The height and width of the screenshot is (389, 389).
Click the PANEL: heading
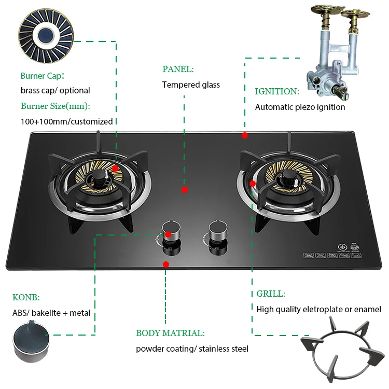(178, 69)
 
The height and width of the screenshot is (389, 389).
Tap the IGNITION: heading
(277, 91)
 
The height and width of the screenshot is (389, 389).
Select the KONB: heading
(26, 297)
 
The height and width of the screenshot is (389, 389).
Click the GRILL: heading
(271, 294)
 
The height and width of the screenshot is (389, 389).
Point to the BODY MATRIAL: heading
(170, 333)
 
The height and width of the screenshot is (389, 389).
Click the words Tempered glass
(191, 85)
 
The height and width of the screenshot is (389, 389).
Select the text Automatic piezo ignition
(300, 107)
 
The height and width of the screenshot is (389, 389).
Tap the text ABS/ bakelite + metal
(51, 313)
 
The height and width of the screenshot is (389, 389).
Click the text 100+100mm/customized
(67, 121)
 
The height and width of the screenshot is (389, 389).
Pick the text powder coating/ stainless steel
(192, 349)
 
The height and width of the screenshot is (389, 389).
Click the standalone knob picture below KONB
(31, 341)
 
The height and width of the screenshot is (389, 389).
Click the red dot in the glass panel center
(185, 190)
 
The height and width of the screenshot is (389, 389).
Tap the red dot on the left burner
(115, 168)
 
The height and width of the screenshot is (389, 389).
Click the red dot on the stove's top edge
(245, 135)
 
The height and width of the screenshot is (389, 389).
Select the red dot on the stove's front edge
(166, 264)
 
